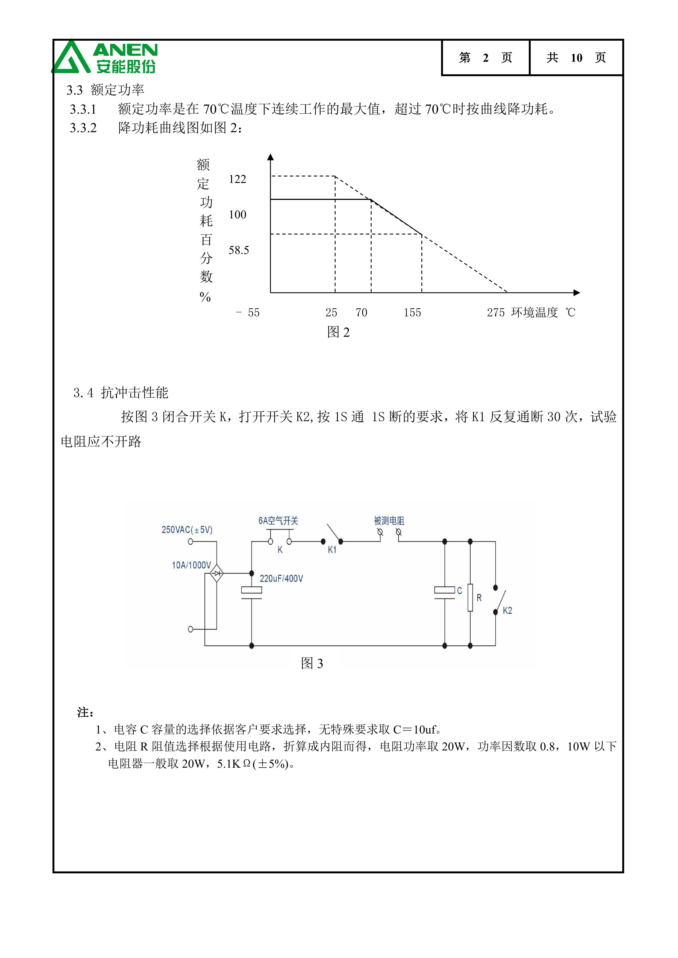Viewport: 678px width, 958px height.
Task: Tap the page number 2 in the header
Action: [x=486, y=58]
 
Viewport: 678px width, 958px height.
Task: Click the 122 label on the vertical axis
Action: [x=237, y=179]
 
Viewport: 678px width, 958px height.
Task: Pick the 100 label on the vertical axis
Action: [x=237, y=215]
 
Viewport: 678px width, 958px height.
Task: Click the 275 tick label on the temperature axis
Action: [x=495, y=312]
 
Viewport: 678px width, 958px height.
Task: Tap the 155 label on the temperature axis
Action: [x=412, y=312]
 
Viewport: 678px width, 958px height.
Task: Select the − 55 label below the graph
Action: [x=248, y=312]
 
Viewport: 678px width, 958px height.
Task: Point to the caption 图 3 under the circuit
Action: [x=312, y=663]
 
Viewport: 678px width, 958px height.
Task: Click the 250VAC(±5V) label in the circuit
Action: [x=187, y=530]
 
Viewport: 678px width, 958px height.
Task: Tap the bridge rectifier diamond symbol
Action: [x=216, y=573]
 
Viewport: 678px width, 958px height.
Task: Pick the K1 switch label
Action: [x=332, y=550]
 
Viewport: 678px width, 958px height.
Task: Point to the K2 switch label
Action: [x=507, y=610]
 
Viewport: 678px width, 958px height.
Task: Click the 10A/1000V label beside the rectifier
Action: [x=191, y=565]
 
